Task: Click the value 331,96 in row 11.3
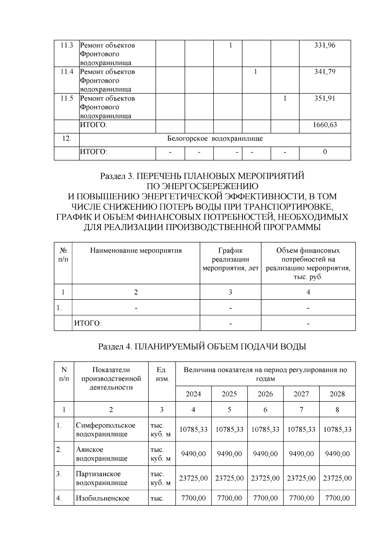(x=325, y=45)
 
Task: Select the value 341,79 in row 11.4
(x=325, y=72)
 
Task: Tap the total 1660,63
(x=325, y=125)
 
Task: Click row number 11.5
(x=67, y=98)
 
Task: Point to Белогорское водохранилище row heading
(x=215, y=139)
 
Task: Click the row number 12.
(x=67, y=139)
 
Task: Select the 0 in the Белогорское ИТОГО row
(x=325, y=152)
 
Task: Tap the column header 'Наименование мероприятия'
(x=136, y=251)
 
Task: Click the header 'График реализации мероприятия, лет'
(x=230, y=260)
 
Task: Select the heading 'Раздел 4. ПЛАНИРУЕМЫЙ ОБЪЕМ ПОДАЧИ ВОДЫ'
(x=202, y=347)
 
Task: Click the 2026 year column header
(x=265, y=394)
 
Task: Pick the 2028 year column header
(x=337, y=394)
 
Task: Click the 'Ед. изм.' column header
(x=162, y=374)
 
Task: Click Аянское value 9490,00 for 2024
(x=193, y=454)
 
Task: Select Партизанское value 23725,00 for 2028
(x=337, y=478)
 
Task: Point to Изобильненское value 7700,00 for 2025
(x=229, y=498)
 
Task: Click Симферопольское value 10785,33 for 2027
(x=301, y=430)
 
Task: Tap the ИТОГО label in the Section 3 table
(x=88, y=323)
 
